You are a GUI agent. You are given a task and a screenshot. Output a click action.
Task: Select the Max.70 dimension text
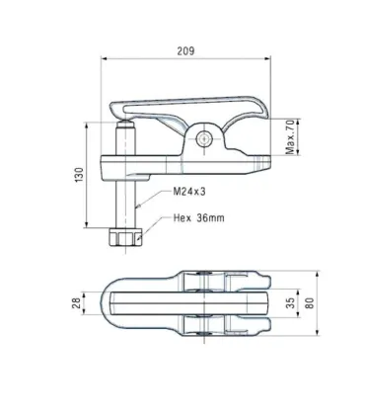click(x=289, y=133)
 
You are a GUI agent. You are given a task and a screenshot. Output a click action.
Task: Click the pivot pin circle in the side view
click(x=204, y=138)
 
